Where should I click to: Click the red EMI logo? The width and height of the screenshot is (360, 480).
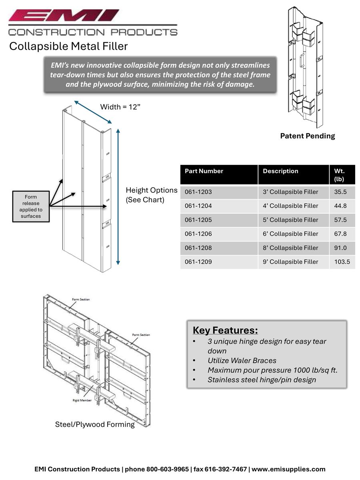click(64, 16)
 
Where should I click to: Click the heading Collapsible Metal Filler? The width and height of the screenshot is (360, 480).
click(68, 46)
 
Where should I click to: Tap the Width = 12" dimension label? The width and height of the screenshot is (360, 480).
click(120, 107)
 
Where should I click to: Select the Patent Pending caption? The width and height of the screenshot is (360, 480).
click(307, 136)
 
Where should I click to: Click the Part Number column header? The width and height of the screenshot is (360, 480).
click(204, 171)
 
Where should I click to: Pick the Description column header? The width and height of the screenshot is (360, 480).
click(280, 171)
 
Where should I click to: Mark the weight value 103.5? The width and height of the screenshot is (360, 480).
click(342, 262)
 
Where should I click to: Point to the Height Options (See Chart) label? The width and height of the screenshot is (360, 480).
click(151, 195)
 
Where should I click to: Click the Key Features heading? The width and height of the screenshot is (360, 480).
click(225, 330)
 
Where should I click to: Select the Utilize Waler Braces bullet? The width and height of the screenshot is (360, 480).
click(242, 360)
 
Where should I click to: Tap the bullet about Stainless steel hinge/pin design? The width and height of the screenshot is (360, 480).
click(262, 380)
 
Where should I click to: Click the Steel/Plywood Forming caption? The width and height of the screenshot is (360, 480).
click(95, 424)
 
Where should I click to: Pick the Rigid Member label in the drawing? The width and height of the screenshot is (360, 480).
click(84, 400)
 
